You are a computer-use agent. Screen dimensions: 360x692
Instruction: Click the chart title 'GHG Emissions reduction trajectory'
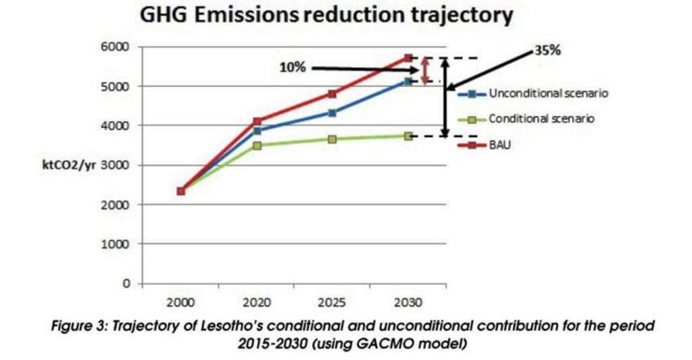coord(326,16)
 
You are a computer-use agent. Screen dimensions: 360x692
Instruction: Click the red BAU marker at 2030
coord(407,58)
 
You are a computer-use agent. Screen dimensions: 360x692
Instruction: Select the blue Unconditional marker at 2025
coord(332,113)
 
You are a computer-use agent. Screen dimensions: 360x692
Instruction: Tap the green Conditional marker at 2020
coord(257,145)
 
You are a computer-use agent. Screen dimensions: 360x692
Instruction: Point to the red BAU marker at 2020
coord(257,122)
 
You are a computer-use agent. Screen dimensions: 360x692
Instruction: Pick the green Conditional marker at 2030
coord(407,136)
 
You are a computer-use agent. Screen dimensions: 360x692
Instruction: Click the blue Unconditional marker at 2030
coord(407,82)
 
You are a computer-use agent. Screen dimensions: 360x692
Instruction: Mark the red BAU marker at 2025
coord(332,94)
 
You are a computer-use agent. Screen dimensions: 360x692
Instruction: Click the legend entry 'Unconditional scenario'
coord(548,93)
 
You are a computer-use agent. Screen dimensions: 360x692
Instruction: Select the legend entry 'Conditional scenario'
coord(541,119)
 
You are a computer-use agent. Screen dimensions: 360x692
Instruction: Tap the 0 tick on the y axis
coord(126,283)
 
